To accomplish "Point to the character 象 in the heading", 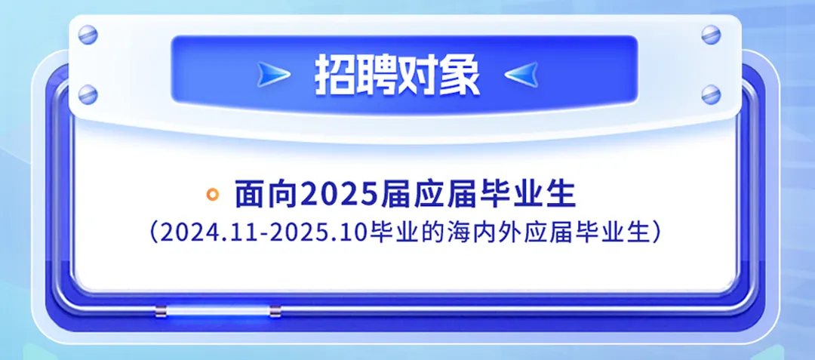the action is [459, 75].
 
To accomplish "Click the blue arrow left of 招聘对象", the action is [273, 75].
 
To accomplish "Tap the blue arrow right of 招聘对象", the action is [521, 75].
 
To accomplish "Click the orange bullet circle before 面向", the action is [212, 194].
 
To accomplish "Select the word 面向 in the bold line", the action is [266, 194].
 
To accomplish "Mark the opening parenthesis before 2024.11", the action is [153, 233].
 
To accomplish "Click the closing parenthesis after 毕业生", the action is [657, 233].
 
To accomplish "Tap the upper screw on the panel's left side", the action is [88, 35].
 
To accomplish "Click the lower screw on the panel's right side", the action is [711, 94].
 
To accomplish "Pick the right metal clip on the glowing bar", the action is [275, 311].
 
